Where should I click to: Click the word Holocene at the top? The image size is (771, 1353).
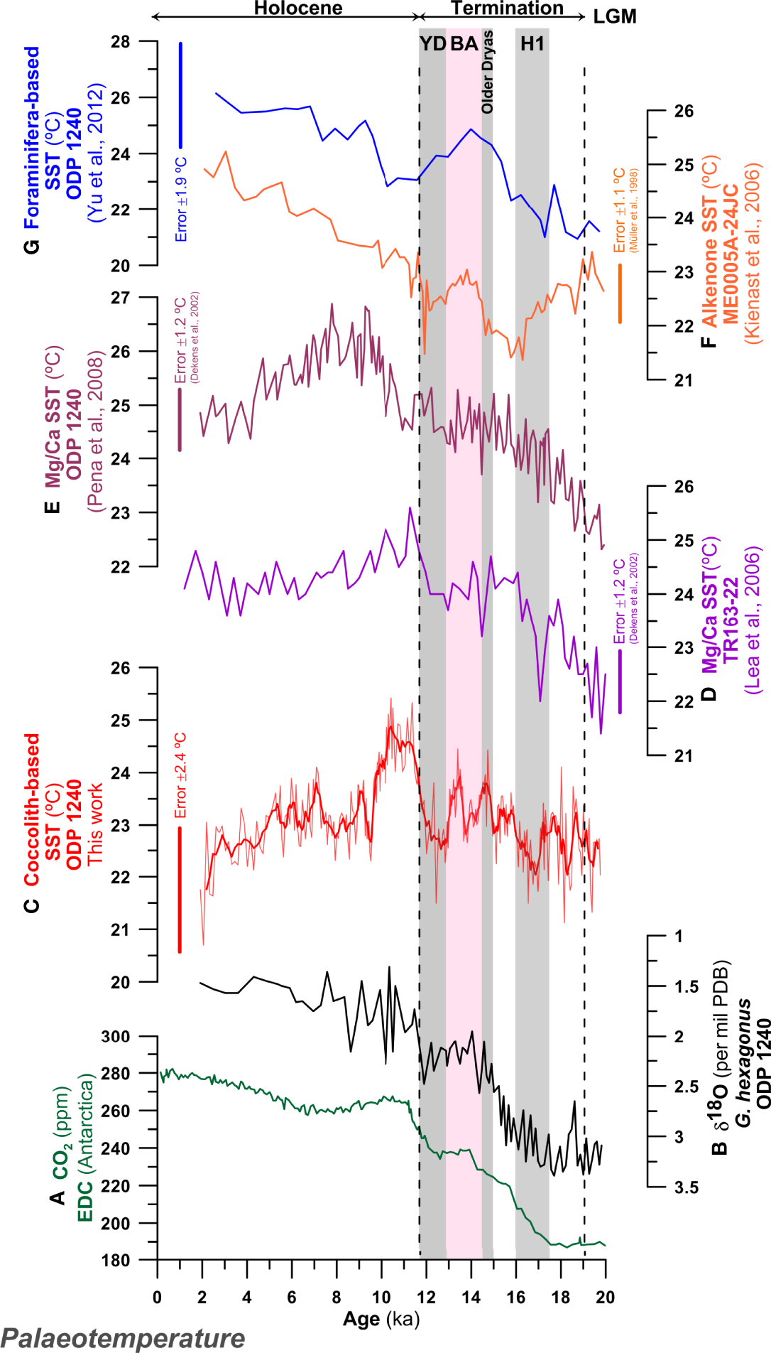click(298, 9)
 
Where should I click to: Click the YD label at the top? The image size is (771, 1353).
click(432, 44)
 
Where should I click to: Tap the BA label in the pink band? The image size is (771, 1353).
click(464, 44)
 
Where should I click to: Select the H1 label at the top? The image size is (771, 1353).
click(532, 44)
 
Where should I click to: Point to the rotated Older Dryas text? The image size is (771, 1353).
click(487, 72)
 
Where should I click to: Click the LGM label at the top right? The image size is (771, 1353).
click(615, 17)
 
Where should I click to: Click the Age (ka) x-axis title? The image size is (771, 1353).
click(381, 1320)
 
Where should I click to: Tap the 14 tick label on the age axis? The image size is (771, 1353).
click(471, 1298)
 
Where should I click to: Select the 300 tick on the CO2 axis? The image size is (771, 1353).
click(115, 1037)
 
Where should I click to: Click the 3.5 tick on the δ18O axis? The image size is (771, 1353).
click(687, 1187)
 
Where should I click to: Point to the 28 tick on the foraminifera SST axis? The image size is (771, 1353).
click(120, 42)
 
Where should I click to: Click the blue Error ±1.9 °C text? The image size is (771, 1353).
click(181, 200)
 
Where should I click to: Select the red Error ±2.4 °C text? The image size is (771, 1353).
click(180, 775)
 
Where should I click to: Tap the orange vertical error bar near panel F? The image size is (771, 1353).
click(620, 293)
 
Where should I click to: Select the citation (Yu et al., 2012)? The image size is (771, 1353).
click(95, 153)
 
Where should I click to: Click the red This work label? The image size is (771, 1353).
click(94, 824)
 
